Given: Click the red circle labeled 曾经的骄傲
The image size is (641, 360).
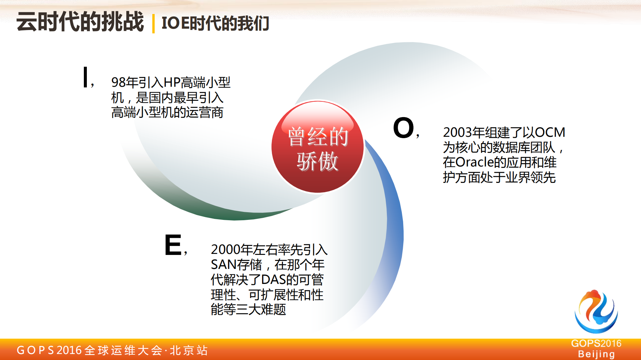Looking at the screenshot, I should (317, 147).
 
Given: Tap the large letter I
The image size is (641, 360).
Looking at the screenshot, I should (86, 77).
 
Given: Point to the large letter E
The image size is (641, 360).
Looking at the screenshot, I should (173, 245).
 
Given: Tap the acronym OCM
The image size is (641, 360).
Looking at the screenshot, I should (550, 132).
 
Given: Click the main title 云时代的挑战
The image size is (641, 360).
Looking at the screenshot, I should (80, 22).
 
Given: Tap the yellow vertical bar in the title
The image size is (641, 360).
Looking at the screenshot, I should (153, 23).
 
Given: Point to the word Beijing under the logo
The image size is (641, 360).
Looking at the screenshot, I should (596, 354).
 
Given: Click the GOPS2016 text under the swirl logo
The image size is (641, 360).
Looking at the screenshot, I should (596, 343).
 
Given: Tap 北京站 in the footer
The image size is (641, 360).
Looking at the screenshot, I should (189, 350).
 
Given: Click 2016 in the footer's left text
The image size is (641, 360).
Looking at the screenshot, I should (69, 350).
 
